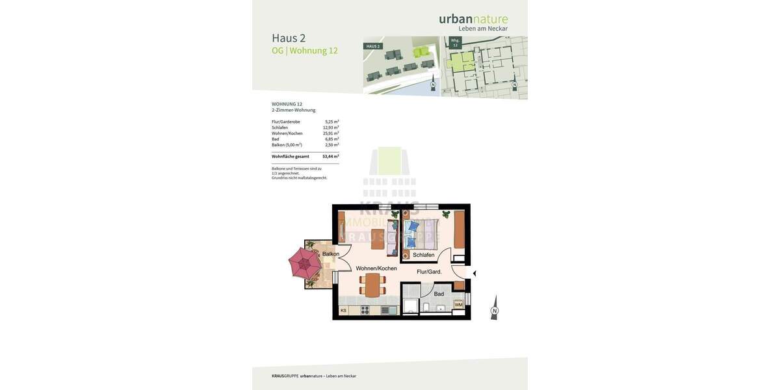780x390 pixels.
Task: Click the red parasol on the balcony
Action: coord(305,263)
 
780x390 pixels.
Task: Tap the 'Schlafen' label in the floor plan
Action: coord(423,255)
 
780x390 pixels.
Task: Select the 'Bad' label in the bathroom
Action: coord(439,294)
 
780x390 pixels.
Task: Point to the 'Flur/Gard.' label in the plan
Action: coord(429,272)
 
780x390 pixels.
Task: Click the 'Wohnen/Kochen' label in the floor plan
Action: coord(376,268)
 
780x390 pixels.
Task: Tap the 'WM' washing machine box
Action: coord(459,304)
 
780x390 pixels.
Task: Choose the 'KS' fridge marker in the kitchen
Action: coord(343,311)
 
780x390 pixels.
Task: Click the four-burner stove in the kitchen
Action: coord(365,311)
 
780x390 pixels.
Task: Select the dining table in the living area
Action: coord(372,285)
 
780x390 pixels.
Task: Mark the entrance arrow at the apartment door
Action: coord(474,274)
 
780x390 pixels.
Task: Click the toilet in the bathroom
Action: coord(426,307)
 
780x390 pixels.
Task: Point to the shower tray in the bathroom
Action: coord(411,306)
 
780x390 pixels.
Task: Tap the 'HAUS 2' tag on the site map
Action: coord(372,46)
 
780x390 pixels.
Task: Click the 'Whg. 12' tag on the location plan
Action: coord(455,42)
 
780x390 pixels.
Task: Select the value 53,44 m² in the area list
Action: coord(330,157)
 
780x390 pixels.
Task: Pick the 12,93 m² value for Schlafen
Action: coord(331,127)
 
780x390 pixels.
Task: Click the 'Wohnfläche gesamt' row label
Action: coord(291,157)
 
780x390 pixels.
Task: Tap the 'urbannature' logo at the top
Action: coord(473,19)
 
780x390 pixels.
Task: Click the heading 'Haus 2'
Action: coord(289,38)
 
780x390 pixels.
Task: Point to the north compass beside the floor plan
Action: coord(495,308)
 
